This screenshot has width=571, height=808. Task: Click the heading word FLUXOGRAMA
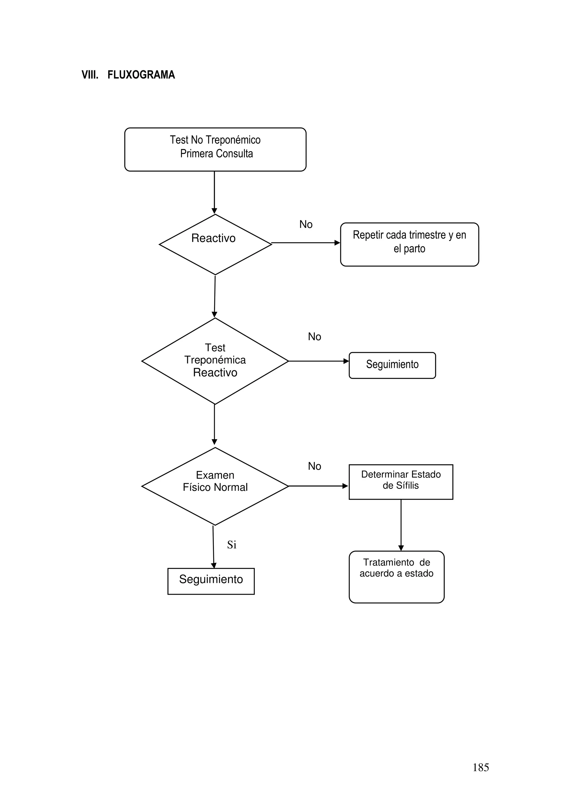[x=141, y=75]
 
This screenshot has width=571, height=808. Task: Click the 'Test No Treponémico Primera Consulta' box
[x=215, y=149]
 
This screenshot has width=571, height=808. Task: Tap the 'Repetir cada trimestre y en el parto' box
[x=409, y=244]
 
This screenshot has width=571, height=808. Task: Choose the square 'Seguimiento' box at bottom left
[x=211, y=581]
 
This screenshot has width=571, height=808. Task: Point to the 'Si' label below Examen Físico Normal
[x=231, y=545]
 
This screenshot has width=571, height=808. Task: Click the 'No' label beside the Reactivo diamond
[x=306, y=225]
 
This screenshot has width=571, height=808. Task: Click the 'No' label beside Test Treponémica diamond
[x=314, y=337]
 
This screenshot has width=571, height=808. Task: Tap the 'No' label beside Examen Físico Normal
[x=314, y=466]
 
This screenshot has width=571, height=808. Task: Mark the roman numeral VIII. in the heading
[x=90, y=75]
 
